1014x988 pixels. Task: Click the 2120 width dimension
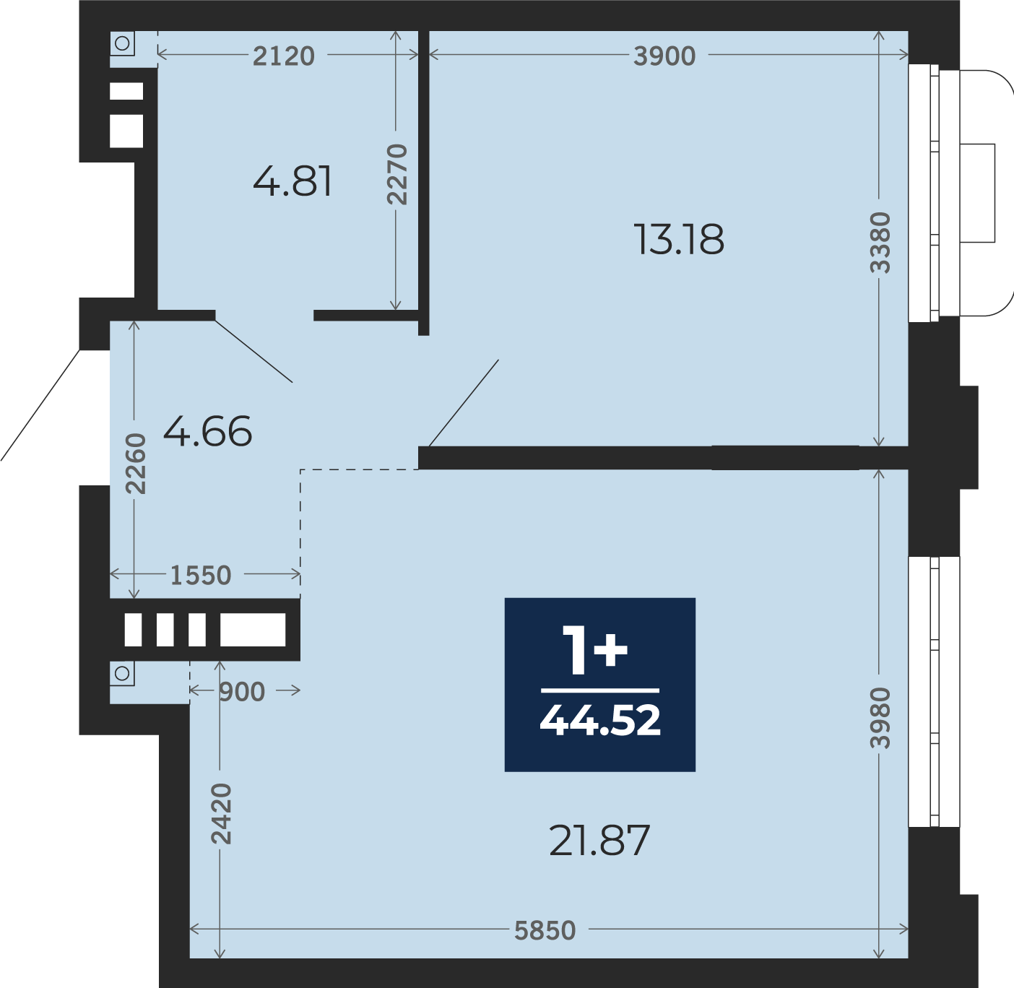coord(283,56)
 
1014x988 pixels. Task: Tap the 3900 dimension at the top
coord(664,56)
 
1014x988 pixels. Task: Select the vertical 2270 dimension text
coord(397,174)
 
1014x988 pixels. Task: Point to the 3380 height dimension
coord(880,243)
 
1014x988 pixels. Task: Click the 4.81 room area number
coord(292,181)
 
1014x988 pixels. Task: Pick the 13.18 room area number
coord(678,239)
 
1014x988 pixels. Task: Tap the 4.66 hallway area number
coord(207,431)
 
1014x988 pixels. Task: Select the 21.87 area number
coord(599,840)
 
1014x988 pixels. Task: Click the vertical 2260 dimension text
coord(136,464)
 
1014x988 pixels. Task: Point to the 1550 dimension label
coord(201,576)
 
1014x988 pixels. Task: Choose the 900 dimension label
coord(242,692)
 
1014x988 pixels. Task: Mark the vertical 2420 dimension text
coord(221,813)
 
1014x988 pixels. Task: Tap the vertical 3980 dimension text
coord(880,718)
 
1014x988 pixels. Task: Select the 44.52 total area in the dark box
coord(599,721)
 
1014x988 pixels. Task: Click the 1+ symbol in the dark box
coord(594,650)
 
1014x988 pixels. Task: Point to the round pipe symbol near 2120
coord(123,43)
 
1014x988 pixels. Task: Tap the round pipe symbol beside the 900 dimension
coord(123,673)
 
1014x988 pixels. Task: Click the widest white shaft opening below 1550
coord(253,630)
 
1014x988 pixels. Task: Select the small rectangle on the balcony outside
coord(978,193)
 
